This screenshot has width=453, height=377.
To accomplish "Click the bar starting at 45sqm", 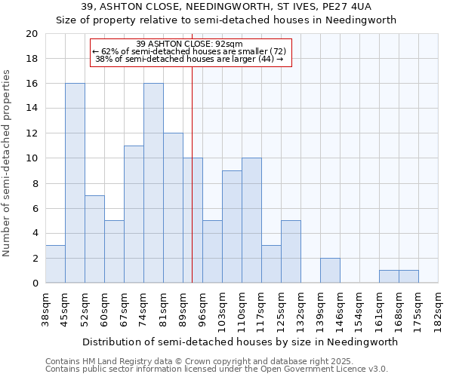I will click(75, 183).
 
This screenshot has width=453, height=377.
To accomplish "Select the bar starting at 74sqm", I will click(153, 183).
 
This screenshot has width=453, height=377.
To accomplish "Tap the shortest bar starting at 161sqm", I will click(389, 277).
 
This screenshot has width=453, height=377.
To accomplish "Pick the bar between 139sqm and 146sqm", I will click(330, 271).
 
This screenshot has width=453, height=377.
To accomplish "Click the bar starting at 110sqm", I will click(251, 221).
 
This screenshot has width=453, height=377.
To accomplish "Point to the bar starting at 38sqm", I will click(55, 264).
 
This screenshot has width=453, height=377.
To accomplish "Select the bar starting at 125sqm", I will click(291, 252).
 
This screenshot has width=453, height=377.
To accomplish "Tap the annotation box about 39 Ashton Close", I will click(190, 52).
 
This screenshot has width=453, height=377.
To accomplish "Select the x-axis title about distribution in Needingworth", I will click(240, 342).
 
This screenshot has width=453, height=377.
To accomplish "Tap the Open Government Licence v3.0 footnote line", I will click(217, 369).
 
